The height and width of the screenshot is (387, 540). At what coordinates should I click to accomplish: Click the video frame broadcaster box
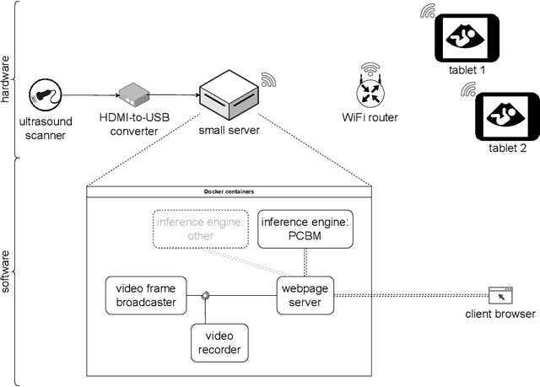tap(145, 296)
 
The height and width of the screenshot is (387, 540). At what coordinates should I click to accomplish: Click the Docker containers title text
tap(229, 191)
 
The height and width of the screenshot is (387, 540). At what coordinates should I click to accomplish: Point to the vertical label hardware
tap(7, 79)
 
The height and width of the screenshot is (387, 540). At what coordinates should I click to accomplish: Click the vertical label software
tap(7, 270)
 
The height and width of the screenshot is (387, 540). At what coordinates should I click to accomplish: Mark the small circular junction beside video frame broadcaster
tap(205, 296)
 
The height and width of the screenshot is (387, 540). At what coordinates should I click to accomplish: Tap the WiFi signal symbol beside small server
tap(268, 80)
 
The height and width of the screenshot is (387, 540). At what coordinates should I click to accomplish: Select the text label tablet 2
tap(507, 148)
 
